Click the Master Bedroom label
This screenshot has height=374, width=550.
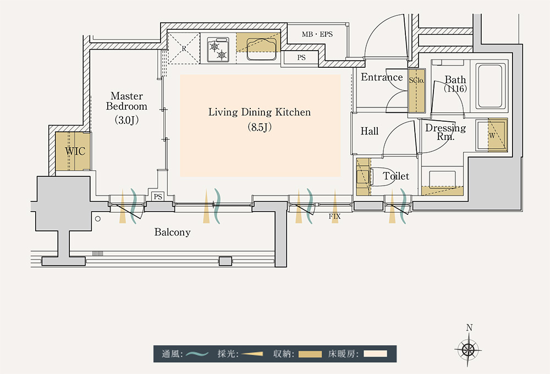click(127, 101)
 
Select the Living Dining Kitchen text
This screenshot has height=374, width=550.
click(259, 112)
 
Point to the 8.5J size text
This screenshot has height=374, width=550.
click(259, 128)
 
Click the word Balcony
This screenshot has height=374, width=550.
click(172, 232)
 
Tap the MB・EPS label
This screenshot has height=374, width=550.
click(317, 34)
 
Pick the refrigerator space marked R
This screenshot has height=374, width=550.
click(184, 48)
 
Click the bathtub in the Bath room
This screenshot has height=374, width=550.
click(491, 86)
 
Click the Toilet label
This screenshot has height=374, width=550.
click(396, 176)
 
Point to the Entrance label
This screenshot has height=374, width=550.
click(382, 78)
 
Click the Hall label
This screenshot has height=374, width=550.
click(370, 131)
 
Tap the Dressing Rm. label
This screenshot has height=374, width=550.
click(446, 132)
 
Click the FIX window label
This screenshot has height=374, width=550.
click(334, 216)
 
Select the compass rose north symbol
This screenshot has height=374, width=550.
click(469, 349)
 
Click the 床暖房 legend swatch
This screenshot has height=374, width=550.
click(375, 354)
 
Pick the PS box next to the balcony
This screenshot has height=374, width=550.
click(158, 196)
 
